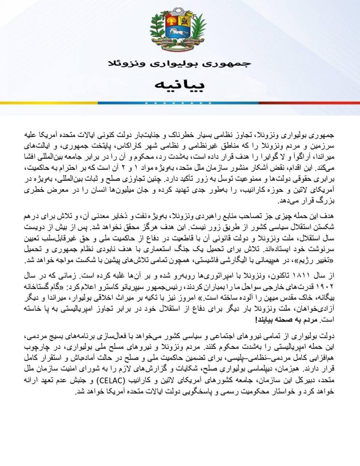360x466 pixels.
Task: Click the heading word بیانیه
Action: click(180, 85)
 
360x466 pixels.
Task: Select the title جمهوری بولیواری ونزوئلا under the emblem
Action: click(180, 63)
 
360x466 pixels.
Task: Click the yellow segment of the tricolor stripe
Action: click(47, 103)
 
